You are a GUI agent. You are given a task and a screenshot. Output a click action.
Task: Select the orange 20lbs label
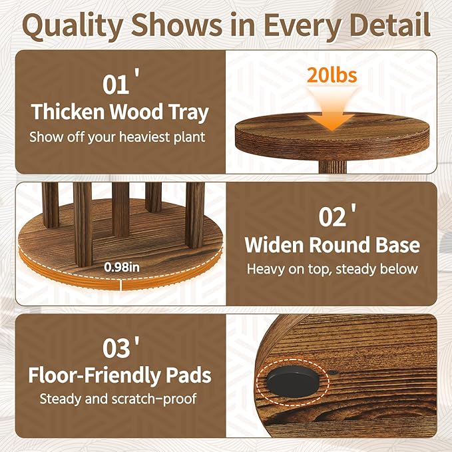[332, 75]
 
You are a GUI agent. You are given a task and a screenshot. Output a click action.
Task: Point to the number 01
[116, 85]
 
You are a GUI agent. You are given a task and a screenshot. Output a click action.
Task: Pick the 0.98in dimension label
[122, 267]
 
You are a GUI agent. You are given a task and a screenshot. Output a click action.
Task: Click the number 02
[332, 217]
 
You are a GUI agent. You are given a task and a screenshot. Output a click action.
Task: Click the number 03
[116, 349]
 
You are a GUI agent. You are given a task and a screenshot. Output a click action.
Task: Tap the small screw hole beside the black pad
[333, 372]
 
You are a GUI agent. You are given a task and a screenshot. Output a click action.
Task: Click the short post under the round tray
[332, 166]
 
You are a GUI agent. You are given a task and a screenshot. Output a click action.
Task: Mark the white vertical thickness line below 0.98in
[121, 284]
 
